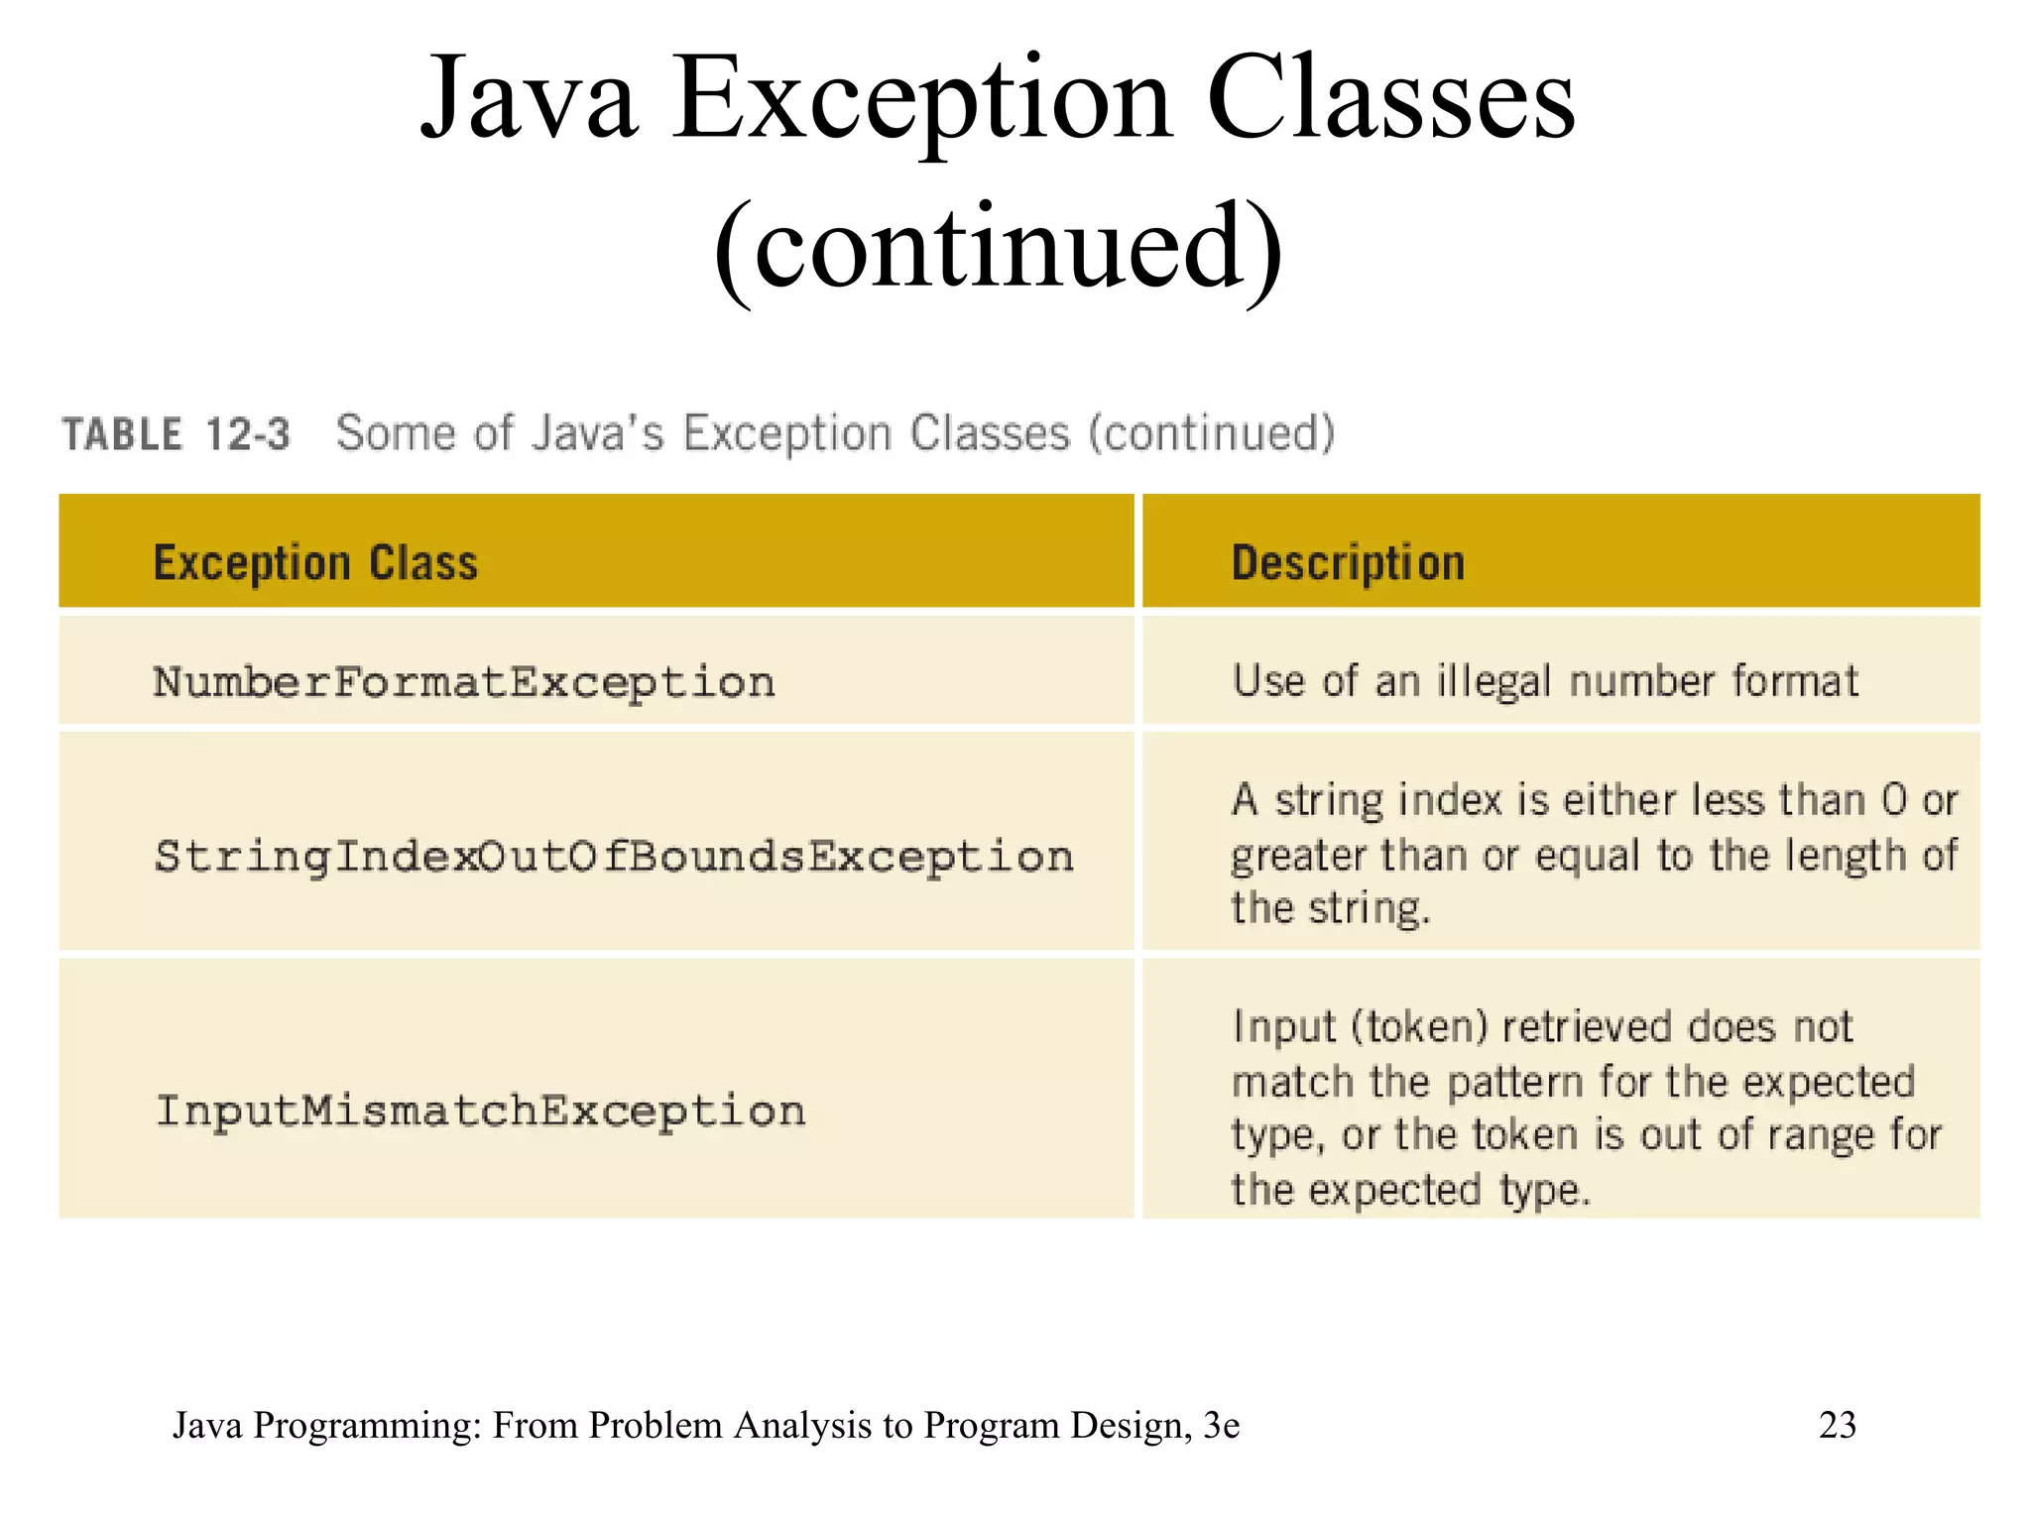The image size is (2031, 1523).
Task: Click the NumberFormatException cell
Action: (464, 683)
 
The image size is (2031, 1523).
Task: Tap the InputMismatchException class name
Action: (481, 1112)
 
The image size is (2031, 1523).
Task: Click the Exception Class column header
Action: (315, 563)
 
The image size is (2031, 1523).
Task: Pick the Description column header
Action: (1348, 563)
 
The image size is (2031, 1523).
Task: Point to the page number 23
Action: (1837, 1425)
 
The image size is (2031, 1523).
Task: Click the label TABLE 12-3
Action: (177, 434)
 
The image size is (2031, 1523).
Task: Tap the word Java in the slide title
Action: (529, 99)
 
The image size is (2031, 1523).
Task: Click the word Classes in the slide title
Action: (1390, 99)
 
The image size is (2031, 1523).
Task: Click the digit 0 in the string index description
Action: (1893, 799)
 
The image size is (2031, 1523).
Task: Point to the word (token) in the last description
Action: (1420, 1027)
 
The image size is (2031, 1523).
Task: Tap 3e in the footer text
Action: (1221, 1425)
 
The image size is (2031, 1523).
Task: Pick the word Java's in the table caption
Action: (597, 433)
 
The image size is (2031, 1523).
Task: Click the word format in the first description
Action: (1795, 681)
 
